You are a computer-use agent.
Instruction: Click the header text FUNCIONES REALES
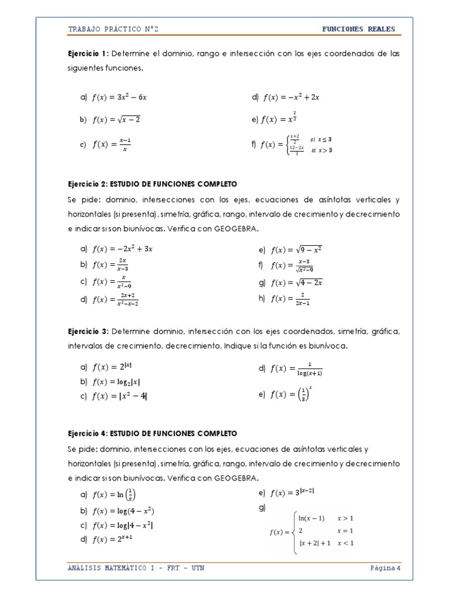[358, 29]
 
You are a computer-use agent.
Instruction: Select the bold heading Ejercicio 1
[88, 54]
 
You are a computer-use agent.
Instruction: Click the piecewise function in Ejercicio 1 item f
[299, 145]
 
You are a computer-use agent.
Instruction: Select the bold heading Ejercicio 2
[88, 183]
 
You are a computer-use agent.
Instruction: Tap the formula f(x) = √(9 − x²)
[296, 250]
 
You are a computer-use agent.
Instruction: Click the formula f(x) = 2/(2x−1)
[291, 299]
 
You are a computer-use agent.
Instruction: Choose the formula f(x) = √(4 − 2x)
[296, 283]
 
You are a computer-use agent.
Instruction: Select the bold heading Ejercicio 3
[88, 332]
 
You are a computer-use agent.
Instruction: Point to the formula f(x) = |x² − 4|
[120, 397]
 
